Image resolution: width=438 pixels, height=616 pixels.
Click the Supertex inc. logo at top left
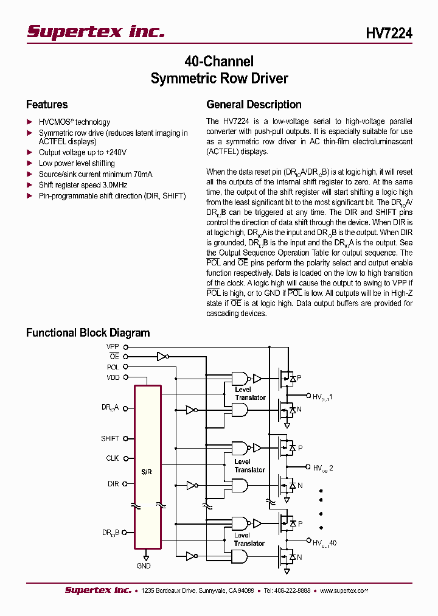point(96,32)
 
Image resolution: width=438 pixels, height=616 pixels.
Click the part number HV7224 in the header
point(389,33)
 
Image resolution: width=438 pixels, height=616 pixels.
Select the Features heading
point(47,105)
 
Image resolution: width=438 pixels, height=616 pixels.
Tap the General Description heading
point(254,105)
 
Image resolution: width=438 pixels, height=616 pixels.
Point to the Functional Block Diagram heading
point(88,333)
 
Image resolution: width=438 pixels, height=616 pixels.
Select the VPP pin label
point(113,346)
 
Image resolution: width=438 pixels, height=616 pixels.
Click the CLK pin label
point(113,458)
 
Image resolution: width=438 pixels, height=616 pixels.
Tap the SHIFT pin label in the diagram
point(110,438)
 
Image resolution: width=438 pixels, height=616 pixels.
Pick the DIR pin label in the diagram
point(113,484)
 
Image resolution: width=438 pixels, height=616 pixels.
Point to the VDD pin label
point(113,377)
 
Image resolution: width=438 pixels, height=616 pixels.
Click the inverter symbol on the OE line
point(162,357)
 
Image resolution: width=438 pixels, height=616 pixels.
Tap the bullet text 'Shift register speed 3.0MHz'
point(83,185)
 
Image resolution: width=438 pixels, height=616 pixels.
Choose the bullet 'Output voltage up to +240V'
point(83,153)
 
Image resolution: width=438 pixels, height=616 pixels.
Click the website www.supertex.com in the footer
point(344,590)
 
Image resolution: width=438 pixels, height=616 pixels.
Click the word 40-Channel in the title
point(219,61)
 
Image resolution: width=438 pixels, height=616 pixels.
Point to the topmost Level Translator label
point(250,394)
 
